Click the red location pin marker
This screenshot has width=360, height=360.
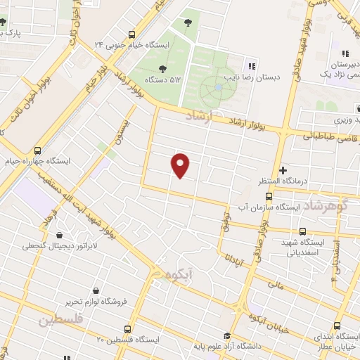click(181, 165)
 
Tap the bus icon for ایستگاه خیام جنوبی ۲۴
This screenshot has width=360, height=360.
click(132, 34)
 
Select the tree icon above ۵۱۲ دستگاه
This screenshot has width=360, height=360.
click(162, 69)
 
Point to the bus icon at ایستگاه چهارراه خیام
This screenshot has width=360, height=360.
click(37, 150)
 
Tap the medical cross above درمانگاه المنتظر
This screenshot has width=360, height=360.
click(283, 170)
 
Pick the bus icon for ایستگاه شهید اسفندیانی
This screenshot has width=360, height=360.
click(303, 231)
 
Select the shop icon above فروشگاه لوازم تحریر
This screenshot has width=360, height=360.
click(96, 290)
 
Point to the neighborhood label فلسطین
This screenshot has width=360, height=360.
click(60, 320)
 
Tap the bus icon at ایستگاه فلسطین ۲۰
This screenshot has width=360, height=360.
click(127, 328)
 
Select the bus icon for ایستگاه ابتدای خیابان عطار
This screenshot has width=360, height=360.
click(337, 326)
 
